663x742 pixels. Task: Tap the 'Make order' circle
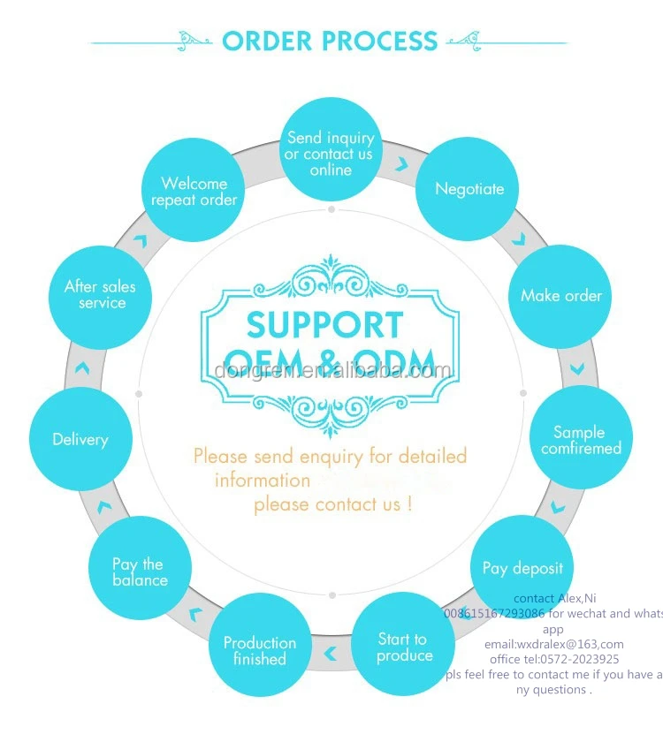pos(560,296)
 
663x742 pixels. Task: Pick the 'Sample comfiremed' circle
pos(581,440)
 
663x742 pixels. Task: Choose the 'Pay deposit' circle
pos(522,568)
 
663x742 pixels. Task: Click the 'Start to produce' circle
pos(404,647)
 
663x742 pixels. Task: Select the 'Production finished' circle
pos(260,650)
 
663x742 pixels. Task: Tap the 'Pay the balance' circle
pos(140,572)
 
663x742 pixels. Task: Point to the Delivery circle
pos(80,439)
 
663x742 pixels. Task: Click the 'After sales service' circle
pos(101,295)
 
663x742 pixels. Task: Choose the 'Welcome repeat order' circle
pos(194,191)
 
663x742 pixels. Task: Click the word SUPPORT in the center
pos(324,325)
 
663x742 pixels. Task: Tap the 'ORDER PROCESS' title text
pos(330,41)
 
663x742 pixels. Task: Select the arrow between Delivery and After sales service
pos(82,367)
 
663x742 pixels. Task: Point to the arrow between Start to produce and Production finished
pos(331,655)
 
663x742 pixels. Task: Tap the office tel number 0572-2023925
pos(554,659)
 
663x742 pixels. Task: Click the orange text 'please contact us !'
pos(332,505)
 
